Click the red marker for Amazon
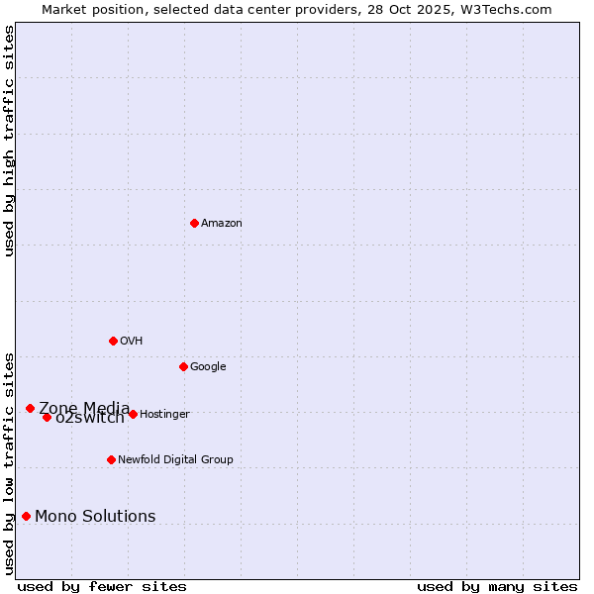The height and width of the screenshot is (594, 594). click(194, 223)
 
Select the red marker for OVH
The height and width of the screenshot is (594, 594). click(113, 341)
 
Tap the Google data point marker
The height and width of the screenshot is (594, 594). click(183, 366)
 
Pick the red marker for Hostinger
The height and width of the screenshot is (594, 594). click(133, 414)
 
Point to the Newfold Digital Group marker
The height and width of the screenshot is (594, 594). click(111, 459)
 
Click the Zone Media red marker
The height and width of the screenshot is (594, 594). click(30, 408)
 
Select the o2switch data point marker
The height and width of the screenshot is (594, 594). click(47, 417)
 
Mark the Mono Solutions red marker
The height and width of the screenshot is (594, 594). click(26, 516)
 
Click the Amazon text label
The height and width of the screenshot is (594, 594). click(222, 223)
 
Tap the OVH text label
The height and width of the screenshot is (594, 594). click(132, 341)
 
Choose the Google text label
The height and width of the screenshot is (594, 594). click(208, 366)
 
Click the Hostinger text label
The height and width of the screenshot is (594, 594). click(164, 414)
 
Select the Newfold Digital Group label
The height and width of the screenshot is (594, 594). click(175, 459)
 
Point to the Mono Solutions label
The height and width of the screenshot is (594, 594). click(95, 516)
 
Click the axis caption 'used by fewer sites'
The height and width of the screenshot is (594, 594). click(102, 586)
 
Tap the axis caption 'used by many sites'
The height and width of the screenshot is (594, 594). click(497, 586)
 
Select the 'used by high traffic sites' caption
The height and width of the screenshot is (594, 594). click(10, 141)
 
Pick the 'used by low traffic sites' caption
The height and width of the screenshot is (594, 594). click(10, 462)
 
